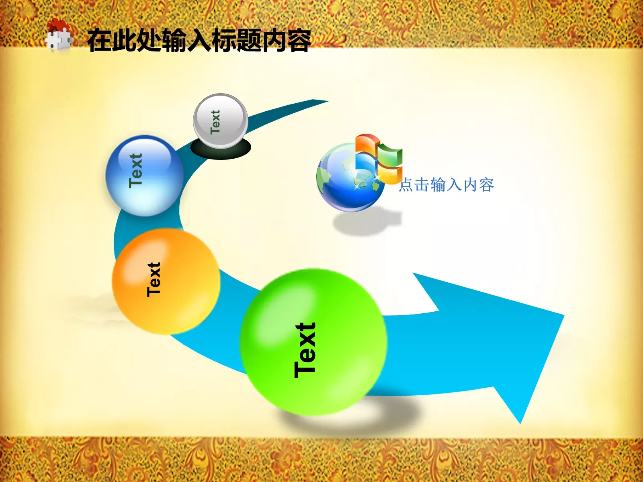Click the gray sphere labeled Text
(220, 120)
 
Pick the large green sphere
(313, 341)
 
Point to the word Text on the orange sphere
(154, 280)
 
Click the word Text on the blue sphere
(136, 171)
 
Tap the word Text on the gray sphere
(215, 122)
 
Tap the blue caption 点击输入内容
(446, 185)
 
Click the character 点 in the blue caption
(406, 185)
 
